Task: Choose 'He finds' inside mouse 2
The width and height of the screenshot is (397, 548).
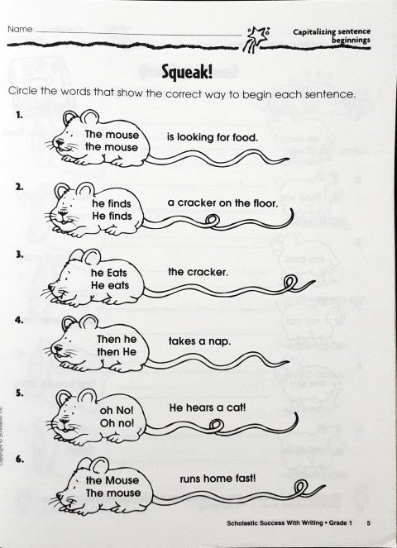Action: point(112,216)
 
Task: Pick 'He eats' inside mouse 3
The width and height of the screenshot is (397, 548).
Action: point(110,285)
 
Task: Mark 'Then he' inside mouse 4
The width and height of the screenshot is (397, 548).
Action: point(115,340)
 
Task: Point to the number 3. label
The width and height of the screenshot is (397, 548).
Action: point(18,255)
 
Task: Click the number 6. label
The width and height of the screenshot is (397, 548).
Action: point(18,460)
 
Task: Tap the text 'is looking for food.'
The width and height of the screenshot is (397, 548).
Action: point(213,136)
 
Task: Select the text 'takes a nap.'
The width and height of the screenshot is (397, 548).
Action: point(198,340)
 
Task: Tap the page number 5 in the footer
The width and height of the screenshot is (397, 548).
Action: point(369,523)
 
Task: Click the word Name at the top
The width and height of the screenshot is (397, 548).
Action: point(21,29)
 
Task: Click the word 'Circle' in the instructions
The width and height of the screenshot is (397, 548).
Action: point(24,93)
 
